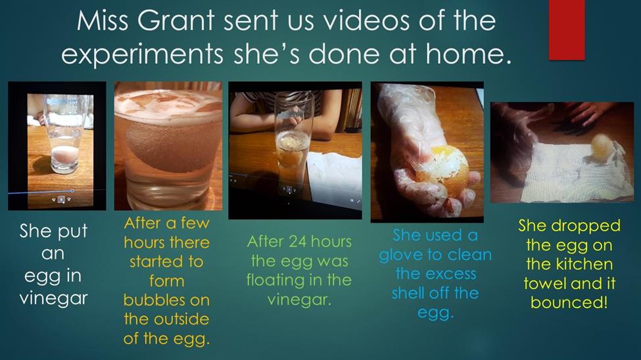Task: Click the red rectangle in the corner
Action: [x=567, y=30]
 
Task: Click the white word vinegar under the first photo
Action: [x=53, y=299]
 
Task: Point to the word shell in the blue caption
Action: [x=411, y=293]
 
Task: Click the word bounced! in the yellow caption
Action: [x=569, y=303]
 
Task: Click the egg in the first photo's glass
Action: [x=63, y=156]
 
